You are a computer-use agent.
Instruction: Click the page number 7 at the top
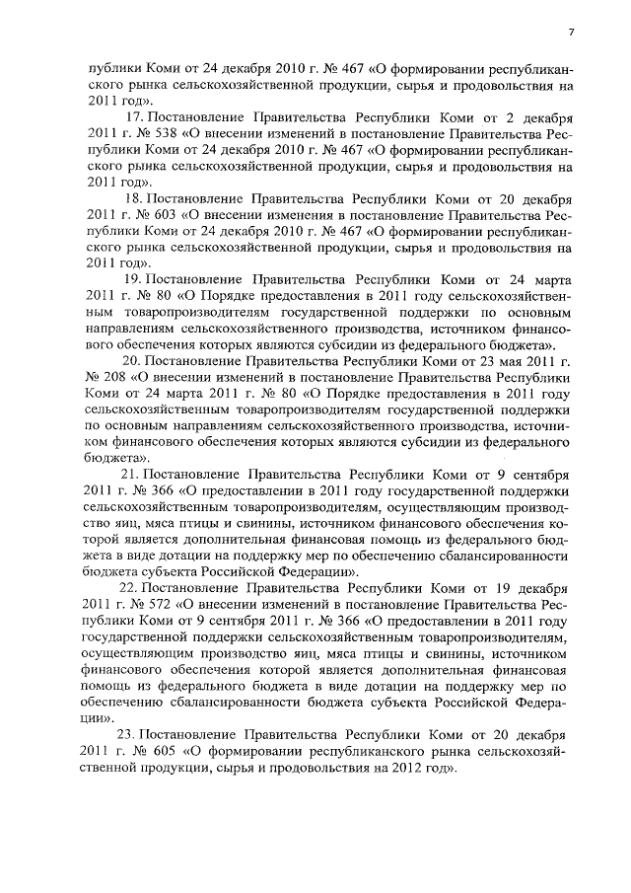pos(571,34)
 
